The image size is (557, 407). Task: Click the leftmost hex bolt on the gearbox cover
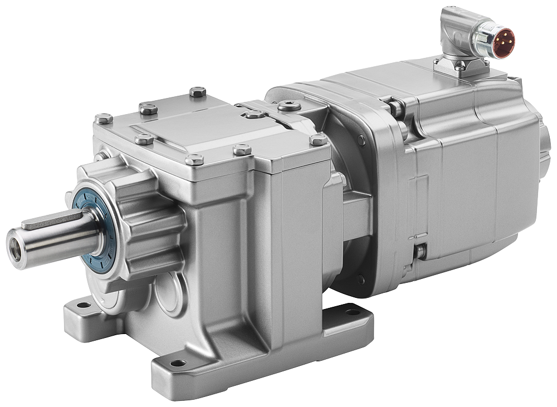[x=104, y=119]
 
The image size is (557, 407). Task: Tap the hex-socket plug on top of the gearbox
[x=289, y=106]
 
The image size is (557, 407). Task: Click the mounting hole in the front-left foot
[x=83, y=305]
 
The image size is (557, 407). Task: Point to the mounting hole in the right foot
[x=353, y=312]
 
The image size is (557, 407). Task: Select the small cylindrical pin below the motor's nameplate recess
[x=419, y=252]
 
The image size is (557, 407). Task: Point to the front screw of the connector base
[x=460, y=66]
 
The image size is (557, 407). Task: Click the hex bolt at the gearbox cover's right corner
[x=319, y=140]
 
